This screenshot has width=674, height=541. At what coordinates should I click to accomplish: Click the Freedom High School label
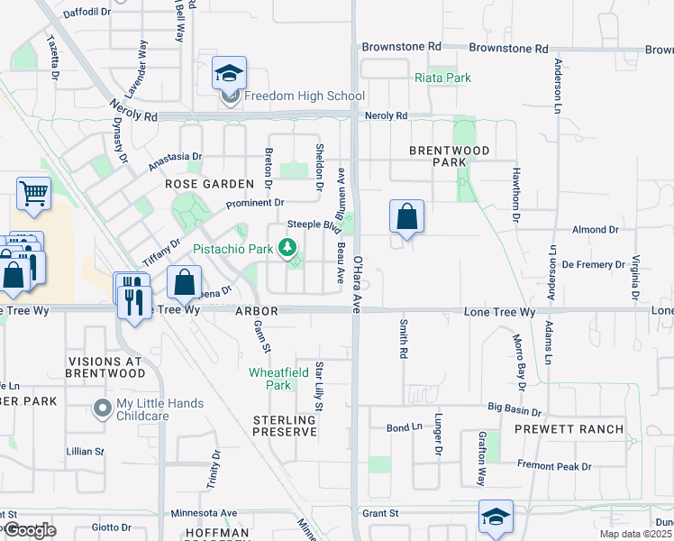pos(305,96)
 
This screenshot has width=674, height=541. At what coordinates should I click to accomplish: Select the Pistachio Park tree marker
pos(288,246)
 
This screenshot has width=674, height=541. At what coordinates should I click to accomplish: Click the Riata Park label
pos(442,78)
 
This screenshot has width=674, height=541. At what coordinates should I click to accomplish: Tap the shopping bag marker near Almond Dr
pos(406,217)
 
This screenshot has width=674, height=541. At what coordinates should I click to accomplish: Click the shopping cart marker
pos(33,193)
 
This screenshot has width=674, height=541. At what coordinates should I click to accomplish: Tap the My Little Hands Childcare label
pos(160,409)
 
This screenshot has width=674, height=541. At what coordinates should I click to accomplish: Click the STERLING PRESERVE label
pos(285,426)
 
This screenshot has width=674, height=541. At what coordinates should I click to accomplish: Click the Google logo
pos(30,530)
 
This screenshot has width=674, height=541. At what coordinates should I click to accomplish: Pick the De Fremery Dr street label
pos(593,265)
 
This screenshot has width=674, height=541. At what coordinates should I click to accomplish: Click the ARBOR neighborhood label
pos(258,311)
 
